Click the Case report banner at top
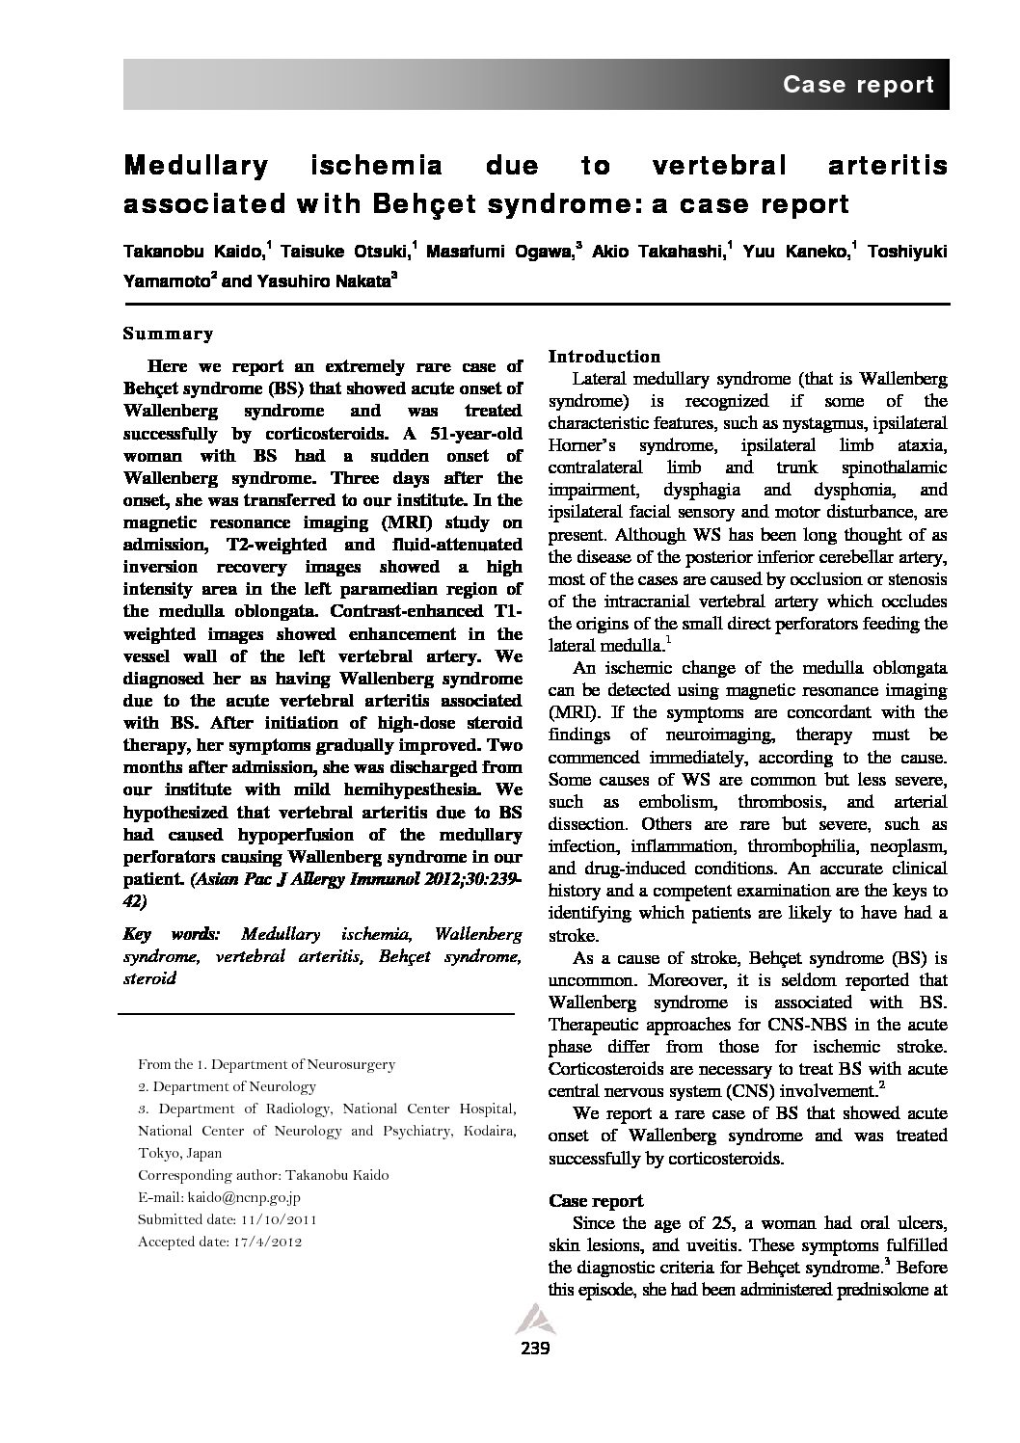click(x=858, y=85)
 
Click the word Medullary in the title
click(x=196, y=166)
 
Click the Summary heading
click(x=168, y=334)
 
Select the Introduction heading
click(x=604, y=356)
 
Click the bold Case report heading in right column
click(x=595, y=1200)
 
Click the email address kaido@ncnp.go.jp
click(x=240, y=1197)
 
